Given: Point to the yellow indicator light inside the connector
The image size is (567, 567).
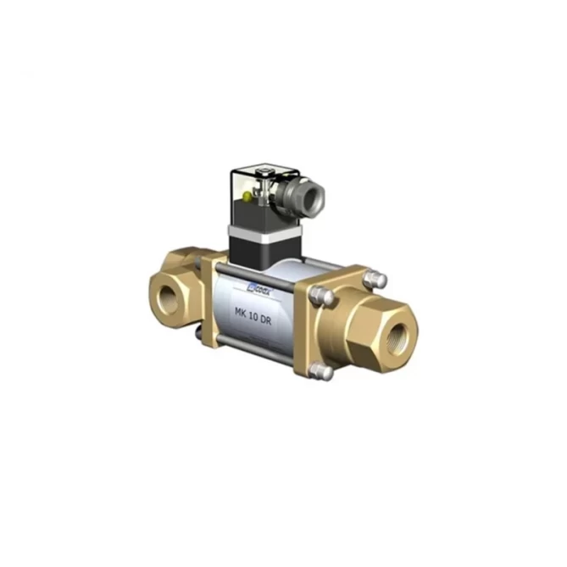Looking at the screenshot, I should tap(247, 197).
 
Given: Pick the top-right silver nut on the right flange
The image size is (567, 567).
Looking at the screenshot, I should tap(379, 279).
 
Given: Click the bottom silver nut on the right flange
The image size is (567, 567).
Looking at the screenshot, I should tap(320, 370).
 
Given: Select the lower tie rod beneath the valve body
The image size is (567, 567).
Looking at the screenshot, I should tap(254, 345).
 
